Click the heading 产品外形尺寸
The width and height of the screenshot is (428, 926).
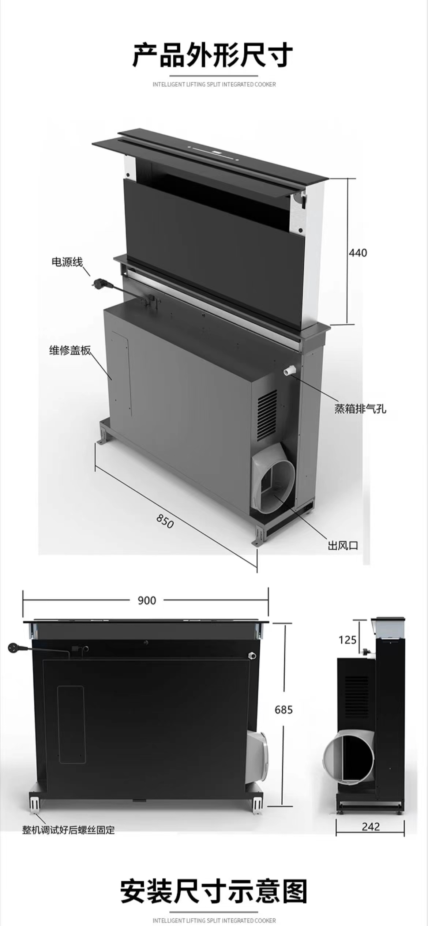tap(213, 55)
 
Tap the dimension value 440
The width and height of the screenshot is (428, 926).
tap(358, 253)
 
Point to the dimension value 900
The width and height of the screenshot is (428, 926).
tap(147, 600)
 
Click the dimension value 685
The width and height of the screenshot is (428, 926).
tap(284, 709)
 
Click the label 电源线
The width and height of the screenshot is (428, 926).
tap(67, 262)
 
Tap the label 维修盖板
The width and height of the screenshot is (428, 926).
tap(70, 350)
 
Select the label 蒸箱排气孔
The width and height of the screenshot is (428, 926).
tap(360, 409)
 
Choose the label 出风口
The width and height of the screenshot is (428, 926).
tap(343, 546)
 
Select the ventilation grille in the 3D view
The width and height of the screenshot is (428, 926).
tap(267, 415)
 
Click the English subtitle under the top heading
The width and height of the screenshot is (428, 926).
tap(214, 84)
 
